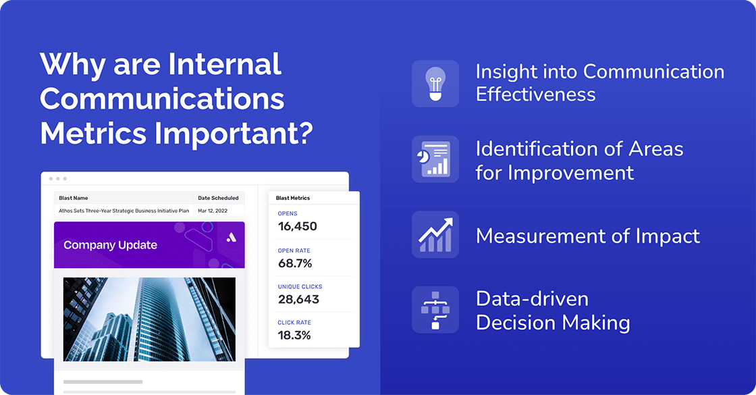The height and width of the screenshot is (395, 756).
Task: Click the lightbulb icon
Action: click(435, 84)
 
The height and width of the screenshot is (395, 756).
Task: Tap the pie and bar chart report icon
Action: click(435, 159)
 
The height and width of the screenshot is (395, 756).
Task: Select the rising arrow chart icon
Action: click(435, 234)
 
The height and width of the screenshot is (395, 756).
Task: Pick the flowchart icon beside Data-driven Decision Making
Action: click(435, 309)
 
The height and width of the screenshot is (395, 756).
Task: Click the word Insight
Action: click(506, 72)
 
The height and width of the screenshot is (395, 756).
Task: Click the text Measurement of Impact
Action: click(587, 236)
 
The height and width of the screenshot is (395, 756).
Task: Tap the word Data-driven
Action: click(522, 299)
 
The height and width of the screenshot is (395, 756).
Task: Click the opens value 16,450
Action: click(297, 226)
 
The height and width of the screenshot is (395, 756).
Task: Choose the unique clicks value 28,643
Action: click(298, 299)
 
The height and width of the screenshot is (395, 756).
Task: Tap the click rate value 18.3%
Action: click(294, 335)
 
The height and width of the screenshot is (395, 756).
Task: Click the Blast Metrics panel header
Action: click(293, 198)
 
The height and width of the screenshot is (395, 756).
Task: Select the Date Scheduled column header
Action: click(218, 198)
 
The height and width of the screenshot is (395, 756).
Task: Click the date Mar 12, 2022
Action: click(212, 211)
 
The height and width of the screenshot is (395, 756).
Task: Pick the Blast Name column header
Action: click(74, 198)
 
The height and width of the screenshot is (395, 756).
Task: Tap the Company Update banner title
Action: click(110, 245)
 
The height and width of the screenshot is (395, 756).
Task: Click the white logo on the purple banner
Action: click(231, 237)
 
